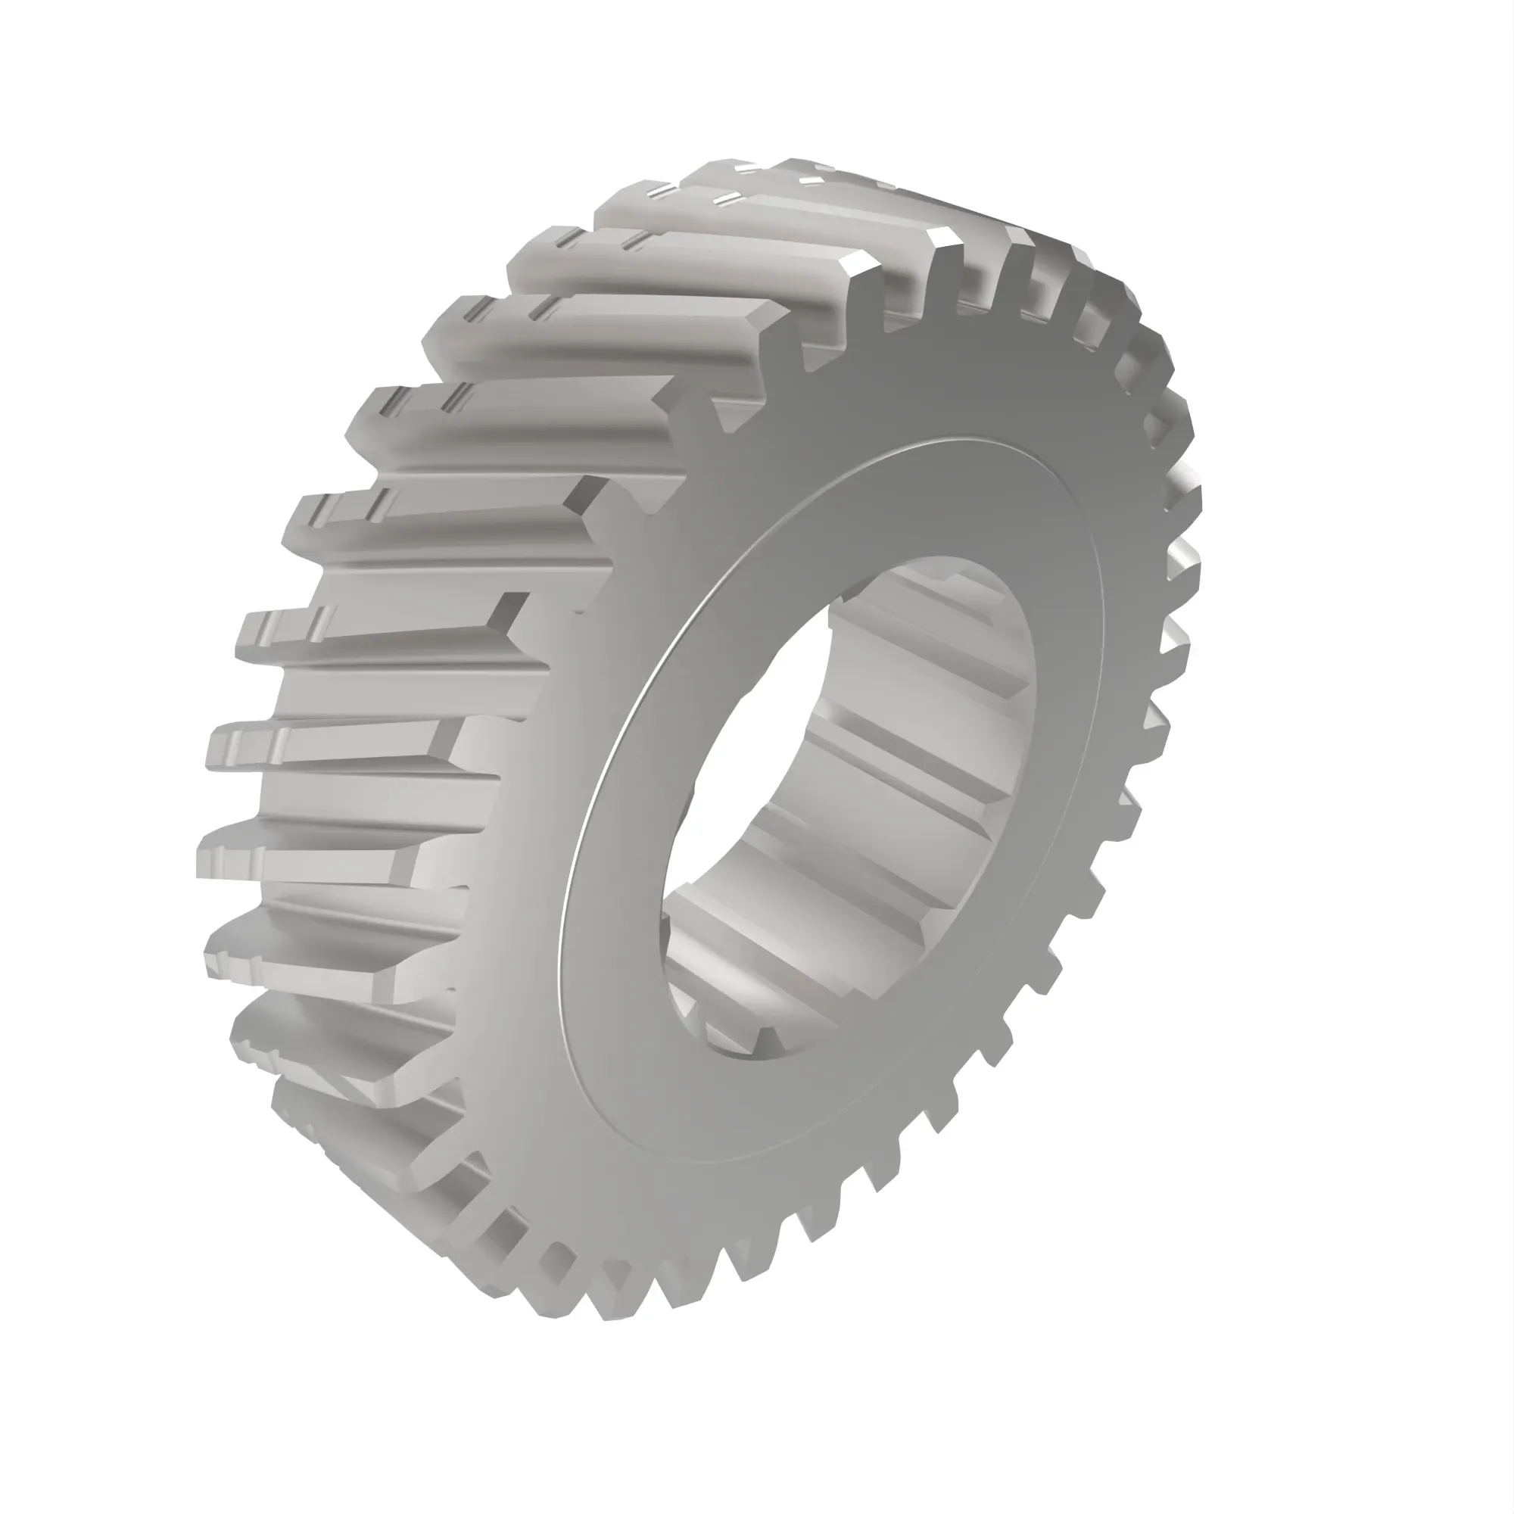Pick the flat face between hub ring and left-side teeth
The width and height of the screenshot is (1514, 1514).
pyautogui.click(x=549, y=823)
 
